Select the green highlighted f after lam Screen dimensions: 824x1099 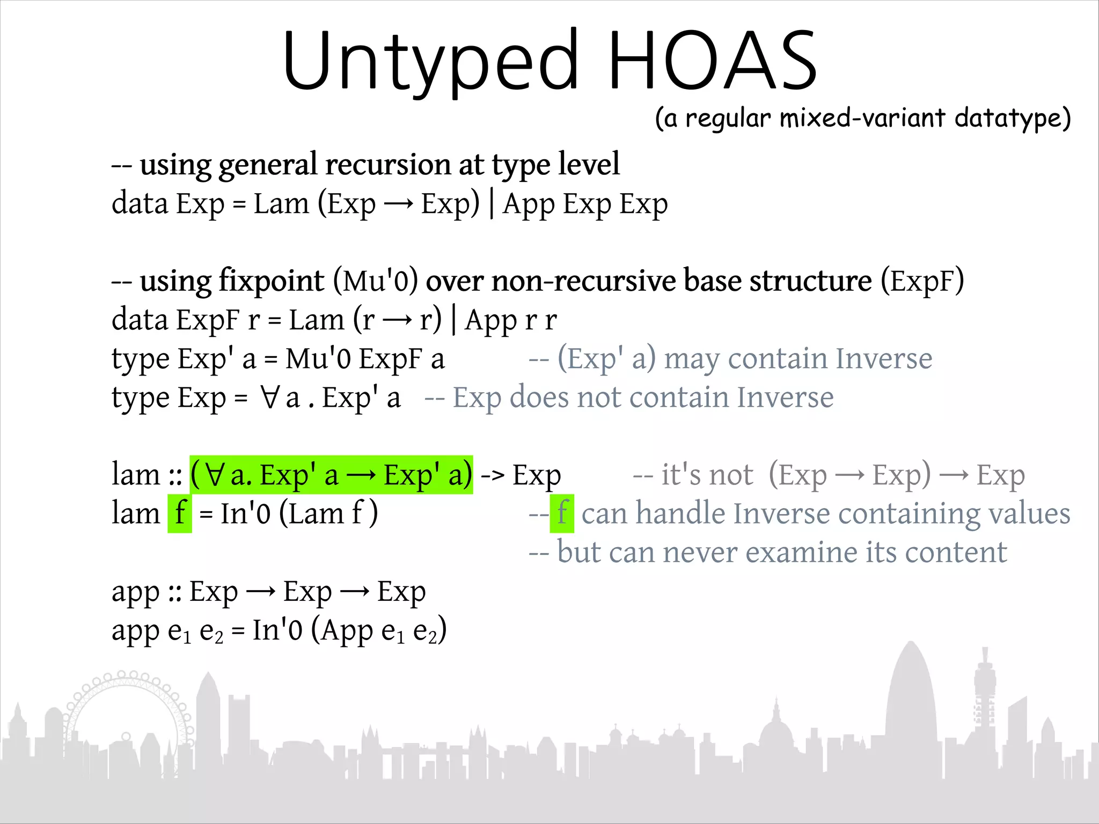click(x=180, y=513)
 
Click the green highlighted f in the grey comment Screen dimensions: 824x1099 click(x=562, y=513)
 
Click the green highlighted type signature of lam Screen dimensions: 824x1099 click(x=331, y=475)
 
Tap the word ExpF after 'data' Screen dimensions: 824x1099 click(x=207, y=320)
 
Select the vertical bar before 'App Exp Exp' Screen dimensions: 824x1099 click(x=492, y=204)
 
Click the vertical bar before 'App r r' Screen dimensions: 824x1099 click(x=453, y=320)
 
